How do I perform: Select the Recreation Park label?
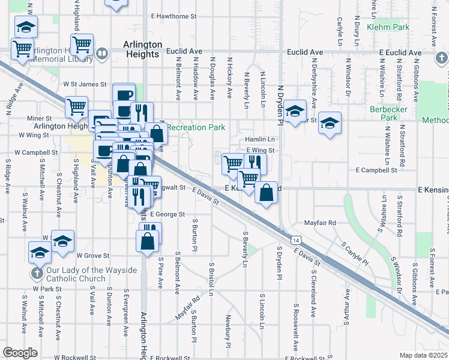click(196, 127)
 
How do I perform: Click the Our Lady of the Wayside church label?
click(92, 275)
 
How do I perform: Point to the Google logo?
click(20, 353)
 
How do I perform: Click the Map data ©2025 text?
click(423, 355)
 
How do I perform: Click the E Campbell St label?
click(377, 170)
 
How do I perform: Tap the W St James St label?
click(85, 85)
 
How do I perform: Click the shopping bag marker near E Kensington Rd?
click(266, 193)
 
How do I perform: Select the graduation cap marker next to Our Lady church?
click(40, 251)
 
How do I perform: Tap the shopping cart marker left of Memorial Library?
click(22, 49)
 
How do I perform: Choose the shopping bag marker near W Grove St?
click(148, 242)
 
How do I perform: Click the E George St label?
click(167, 214)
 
